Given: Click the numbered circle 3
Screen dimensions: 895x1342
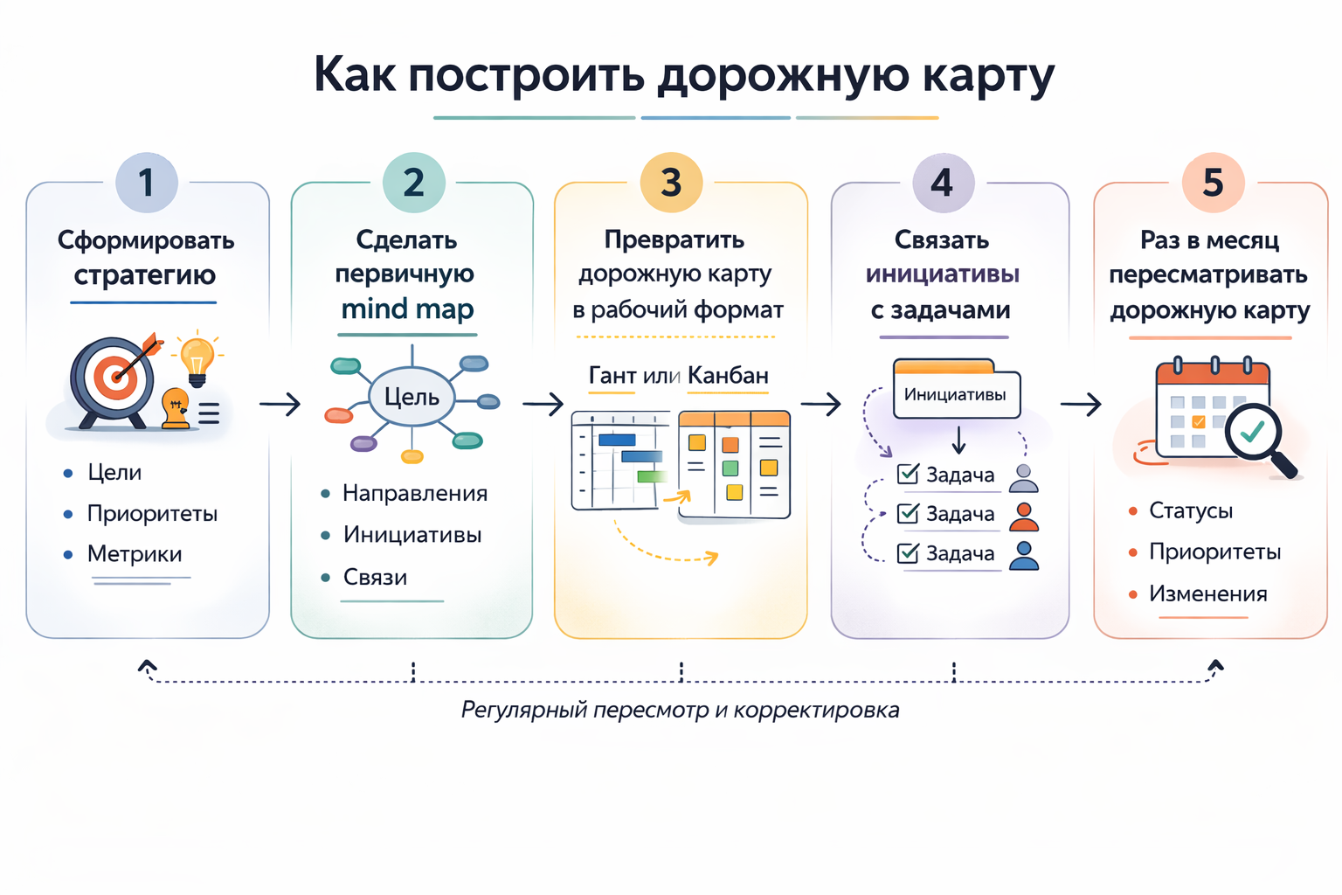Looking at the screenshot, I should (671, 183).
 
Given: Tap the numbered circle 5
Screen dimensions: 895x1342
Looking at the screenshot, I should (1213, 183).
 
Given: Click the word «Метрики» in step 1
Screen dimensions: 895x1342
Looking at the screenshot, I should (135, 554).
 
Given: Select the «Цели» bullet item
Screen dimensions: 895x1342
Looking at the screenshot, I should (114, 473).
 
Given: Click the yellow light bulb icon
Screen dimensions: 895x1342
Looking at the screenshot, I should (197, 359).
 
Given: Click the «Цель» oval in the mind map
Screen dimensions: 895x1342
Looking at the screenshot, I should (412, 397).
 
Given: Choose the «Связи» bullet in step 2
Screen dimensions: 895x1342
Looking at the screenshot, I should (375, 577).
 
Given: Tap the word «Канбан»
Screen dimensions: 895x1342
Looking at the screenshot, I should (728, 376).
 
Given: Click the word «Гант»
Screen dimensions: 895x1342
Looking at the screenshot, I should (612, 376).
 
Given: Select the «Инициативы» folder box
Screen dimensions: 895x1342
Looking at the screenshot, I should (955, 393).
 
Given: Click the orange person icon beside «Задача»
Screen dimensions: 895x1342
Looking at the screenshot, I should (1024, 516).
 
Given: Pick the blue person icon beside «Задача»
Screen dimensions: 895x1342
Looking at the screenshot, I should (1024, 555).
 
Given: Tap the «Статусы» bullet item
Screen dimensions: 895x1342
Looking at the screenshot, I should (1190, 510).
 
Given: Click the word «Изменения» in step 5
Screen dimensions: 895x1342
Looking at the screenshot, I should (1207, 594).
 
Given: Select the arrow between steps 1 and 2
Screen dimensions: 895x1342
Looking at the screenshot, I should (280, 404).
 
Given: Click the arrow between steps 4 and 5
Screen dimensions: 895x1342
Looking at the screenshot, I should (1081, 404).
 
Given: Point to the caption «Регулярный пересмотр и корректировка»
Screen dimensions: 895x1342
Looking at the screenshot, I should (680, 710).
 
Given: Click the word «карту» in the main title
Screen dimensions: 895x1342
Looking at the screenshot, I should (988, 75).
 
